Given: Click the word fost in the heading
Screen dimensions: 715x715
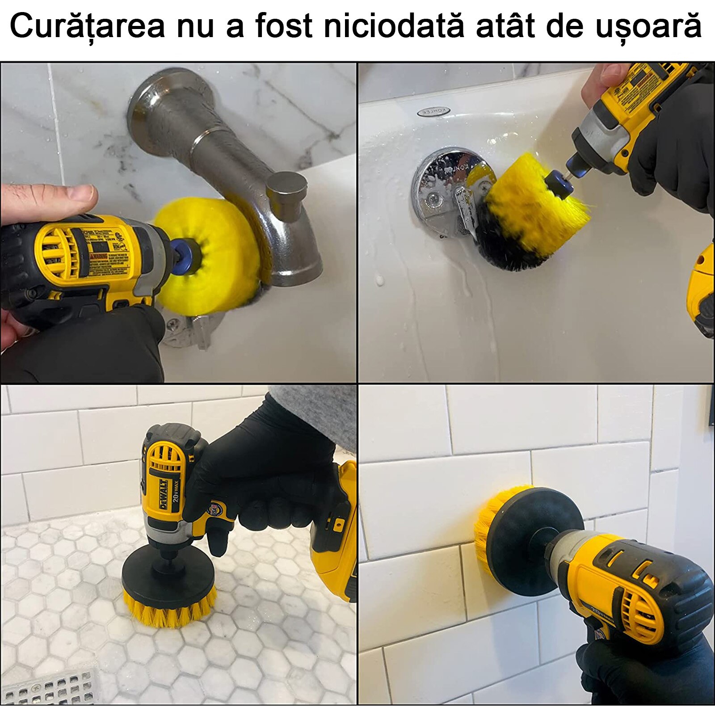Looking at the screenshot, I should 283,26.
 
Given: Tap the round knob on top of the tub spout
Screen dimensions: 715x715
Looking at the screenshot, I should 286,190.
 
